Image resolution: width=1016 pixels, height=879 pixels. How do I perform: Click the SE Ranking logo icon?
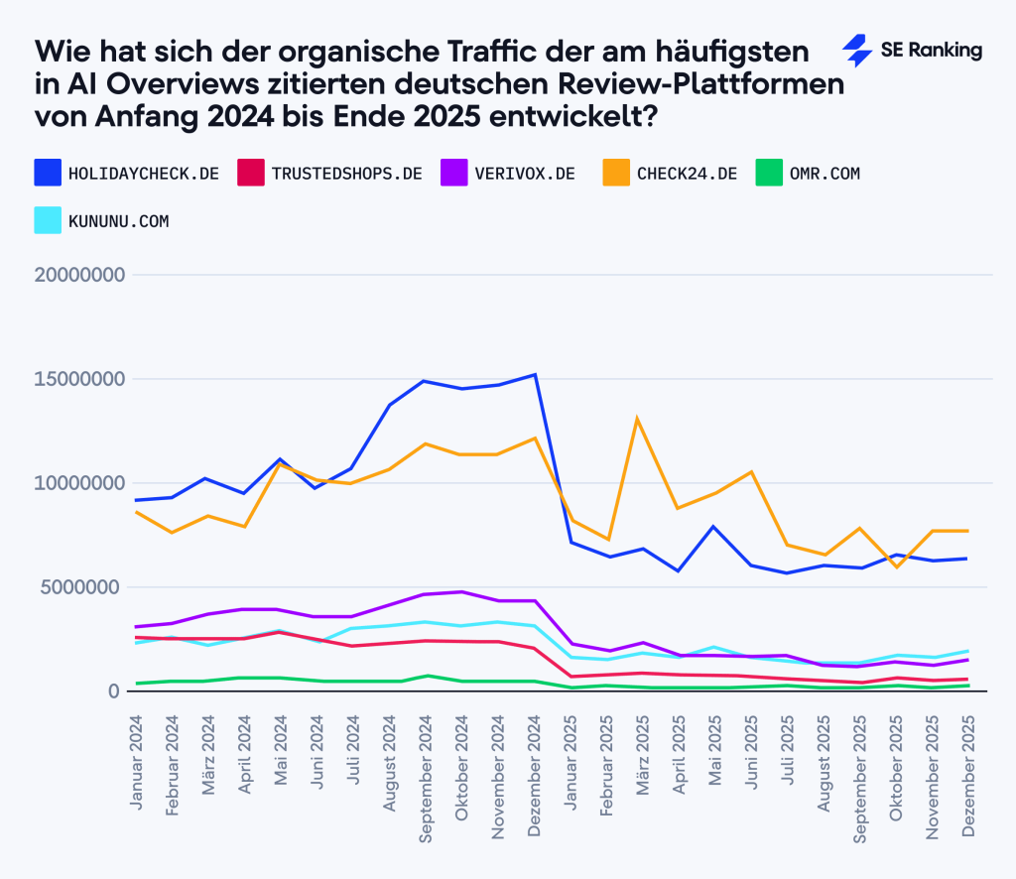pos(855,51)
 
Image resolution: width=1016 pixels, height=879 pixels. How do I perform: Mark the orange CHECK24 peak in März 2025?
pos(637,419)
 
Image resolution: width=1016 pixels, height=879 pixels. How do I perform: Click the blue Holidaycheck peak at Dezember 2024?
pos(535,375)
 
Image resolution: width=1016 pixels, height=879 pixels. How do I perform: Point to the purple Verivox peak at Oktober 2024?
pos(461,592)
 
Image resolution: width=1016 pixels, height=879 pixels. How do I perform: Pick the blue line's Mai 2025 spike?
pos(713,527)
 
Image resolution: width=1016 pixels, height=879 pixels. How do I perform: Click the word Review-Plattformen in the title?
pos(719,83)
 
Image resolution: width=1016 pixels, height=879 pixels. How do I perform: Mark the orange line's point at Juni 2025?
pos(751,472)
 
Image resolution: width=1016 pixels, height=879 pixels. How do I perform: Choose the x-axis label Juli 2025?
pos(788,754)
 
